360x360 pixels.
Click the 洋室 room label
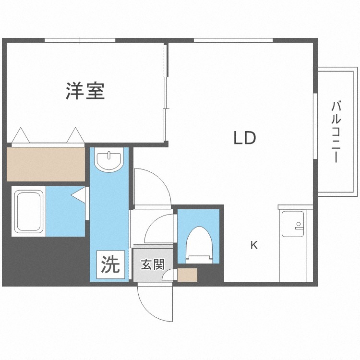[x=85, y=91]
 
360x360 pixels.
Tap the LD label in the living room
[x=244, y=138]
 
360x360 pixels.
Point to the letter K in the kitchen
[x=254, y=245]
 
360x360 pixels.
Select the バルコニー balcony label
[x=336, y=132]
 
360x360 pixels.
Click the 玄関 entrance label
[x=153, y=264]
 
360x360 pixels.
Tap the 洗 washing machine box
[x=111, y=264]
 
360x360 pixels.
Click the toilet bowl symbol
[x=199, y=245]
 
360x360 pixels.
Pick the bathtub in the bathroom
[x=29, y=211]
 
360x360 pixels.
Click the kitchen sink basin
[x=293, y=224]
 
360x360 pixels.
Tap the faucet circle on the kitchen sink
[x=299, y=224]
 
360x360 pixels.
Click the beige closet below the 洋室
[x=46, y=164]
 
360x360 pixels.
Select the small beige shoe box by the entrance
[x=187, y=275]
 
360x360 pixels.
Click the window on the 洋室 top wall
[x=80, y=40]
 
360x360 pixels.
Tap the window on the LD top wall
[x=233, y=40]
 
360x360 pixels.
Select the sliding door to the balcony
[x=315, y=126]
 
